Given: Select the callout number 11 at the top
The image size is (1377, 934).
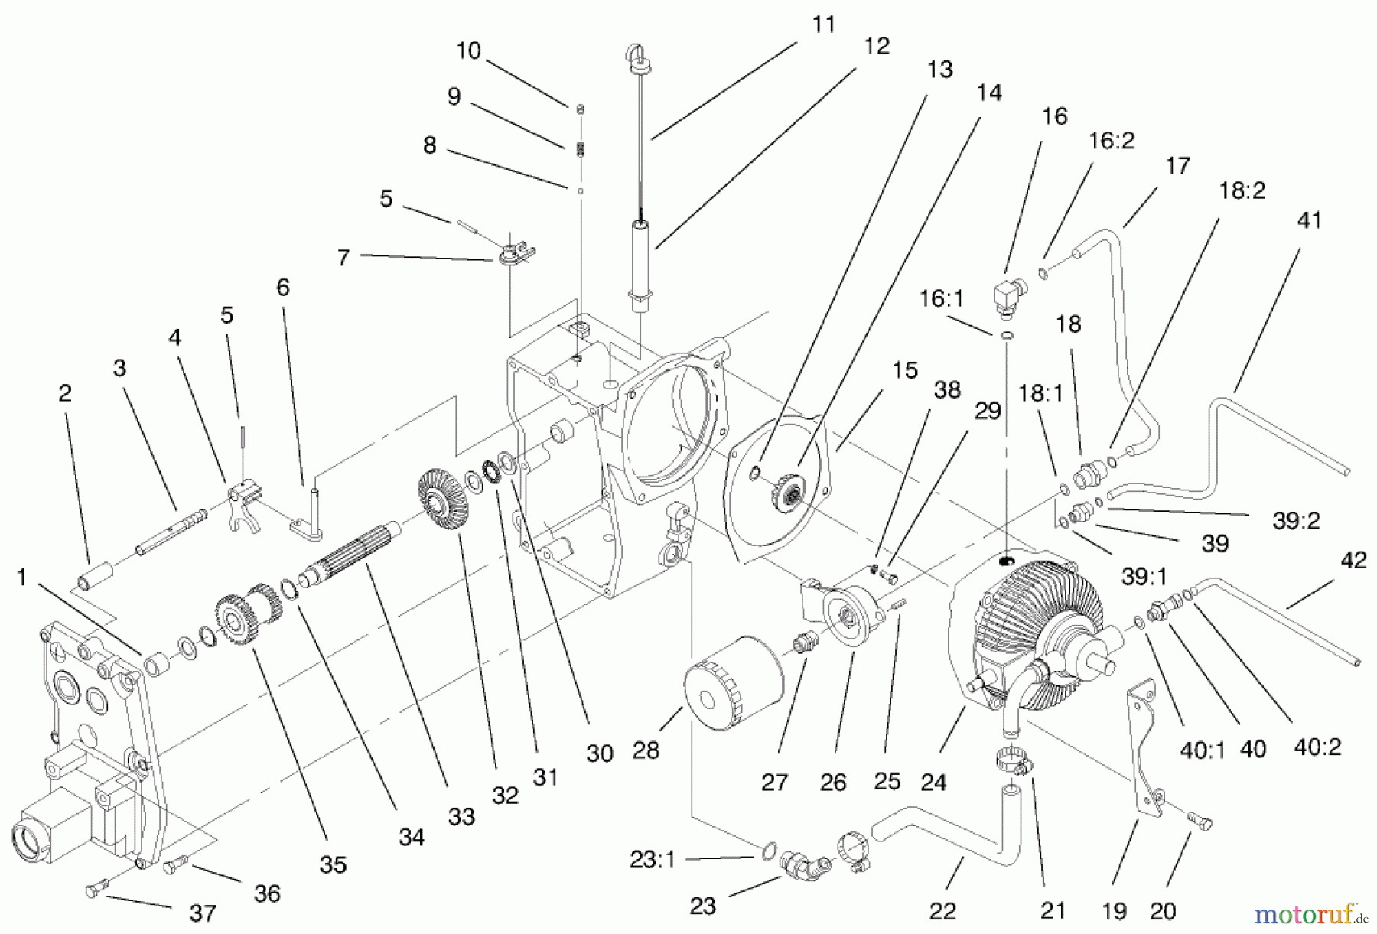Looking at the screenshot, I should click(823, 24).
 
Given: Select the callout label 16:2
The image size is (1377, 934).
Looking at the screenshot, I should click(1112, 141).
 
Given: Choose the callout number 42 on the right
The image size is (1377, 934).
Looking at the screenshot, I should click(1353, 561).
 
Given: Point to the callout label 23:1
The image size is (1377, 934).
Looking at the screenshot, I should click(652, 861).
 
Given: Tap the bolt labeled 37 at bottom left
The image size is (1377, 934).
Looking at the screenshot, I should click(95, 892).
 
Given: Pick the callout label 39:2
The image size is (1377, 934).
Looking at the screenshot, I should click(1297, 520).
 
